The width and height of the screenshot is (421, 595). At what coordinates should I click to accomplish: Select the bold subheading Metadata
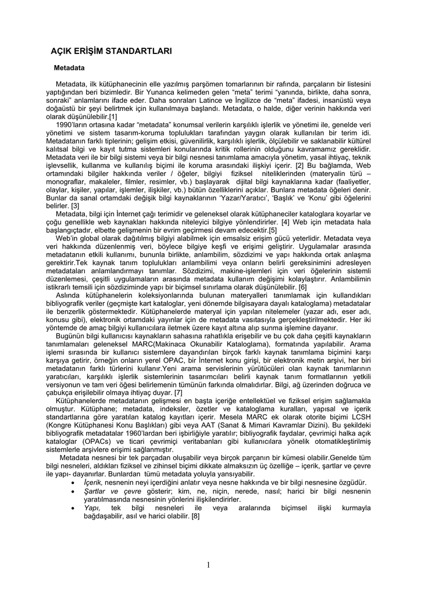pos(70,69)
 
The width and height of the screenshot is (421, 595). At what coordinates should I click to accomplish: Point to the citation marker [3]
pos(75,206)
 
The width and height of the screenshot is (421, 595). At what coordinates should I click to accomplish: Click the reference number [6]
pos(302,287)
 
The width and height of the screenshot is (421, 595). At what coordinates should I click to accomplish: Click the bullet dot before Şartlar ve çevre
pos(72,492)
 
